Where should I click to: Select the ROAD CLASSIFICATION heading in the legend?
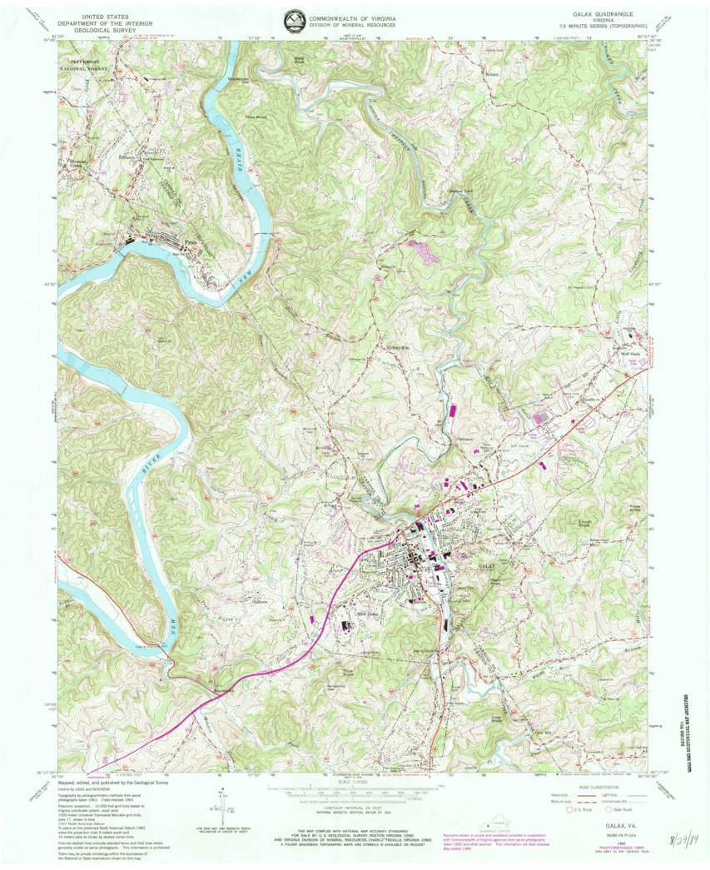point(594,787)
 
